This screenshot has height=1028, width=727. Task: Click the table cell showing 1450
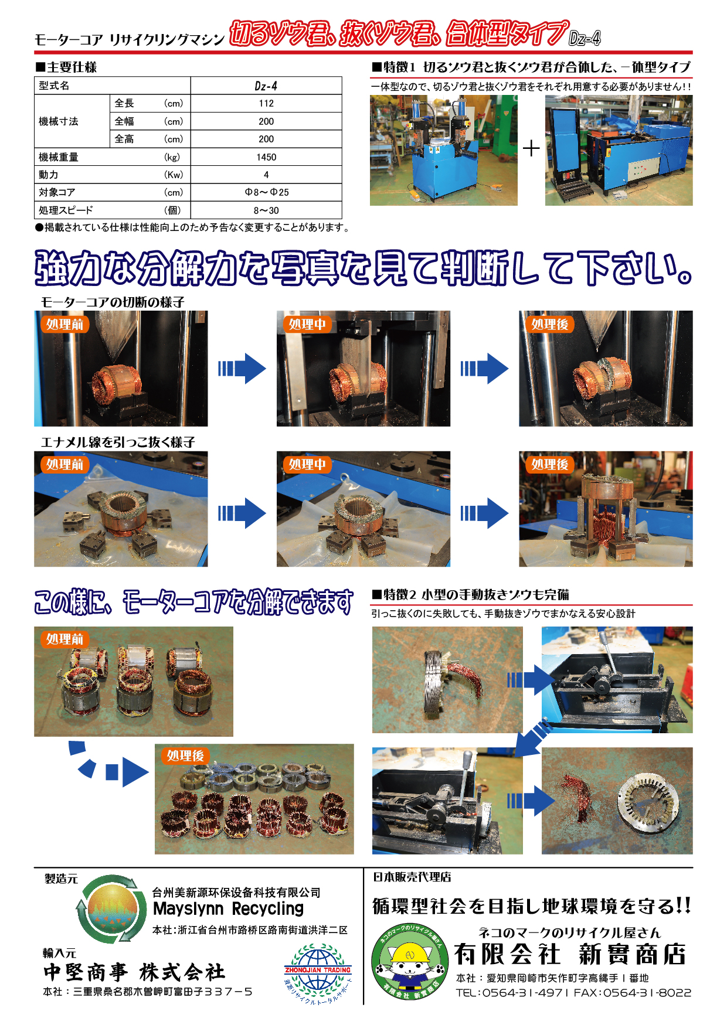click(266, 157)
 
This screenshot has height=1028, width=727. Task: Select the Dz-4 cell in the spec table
click(266, 86)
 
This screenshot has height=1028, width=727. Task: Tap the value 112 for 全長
click(266, 103)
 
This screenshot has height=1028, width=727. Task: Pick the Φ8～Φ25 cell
click(266, 192)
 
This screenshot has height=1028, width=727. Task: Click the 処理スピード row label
click(66, 210)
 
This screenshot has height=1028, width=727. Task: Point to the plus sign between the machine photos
click(531, 148)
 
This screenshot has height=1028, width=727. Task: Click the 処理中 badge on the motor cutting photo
click(307, 324)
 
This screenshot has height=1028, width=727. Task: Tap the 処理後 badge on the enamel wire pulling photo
click(550, 464)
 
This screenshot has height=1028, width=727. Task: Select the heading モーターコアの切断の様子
click(113, 302)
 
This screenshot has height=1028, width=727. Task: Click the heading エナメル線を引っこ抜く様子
click(118, 442)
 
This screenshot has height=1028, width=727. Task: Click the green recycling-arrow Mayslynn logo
click(111, 909)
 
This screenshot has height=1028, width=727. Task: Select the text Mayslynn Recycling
click(228, 909)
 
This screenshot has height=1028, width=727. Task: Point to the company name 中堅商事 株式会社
click(134, 972)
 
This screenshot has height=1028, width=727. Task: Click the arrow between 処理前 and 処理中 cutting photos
click(242, 369)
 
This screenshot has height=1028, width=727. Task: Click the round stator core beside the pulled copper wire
click(648, 801)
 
